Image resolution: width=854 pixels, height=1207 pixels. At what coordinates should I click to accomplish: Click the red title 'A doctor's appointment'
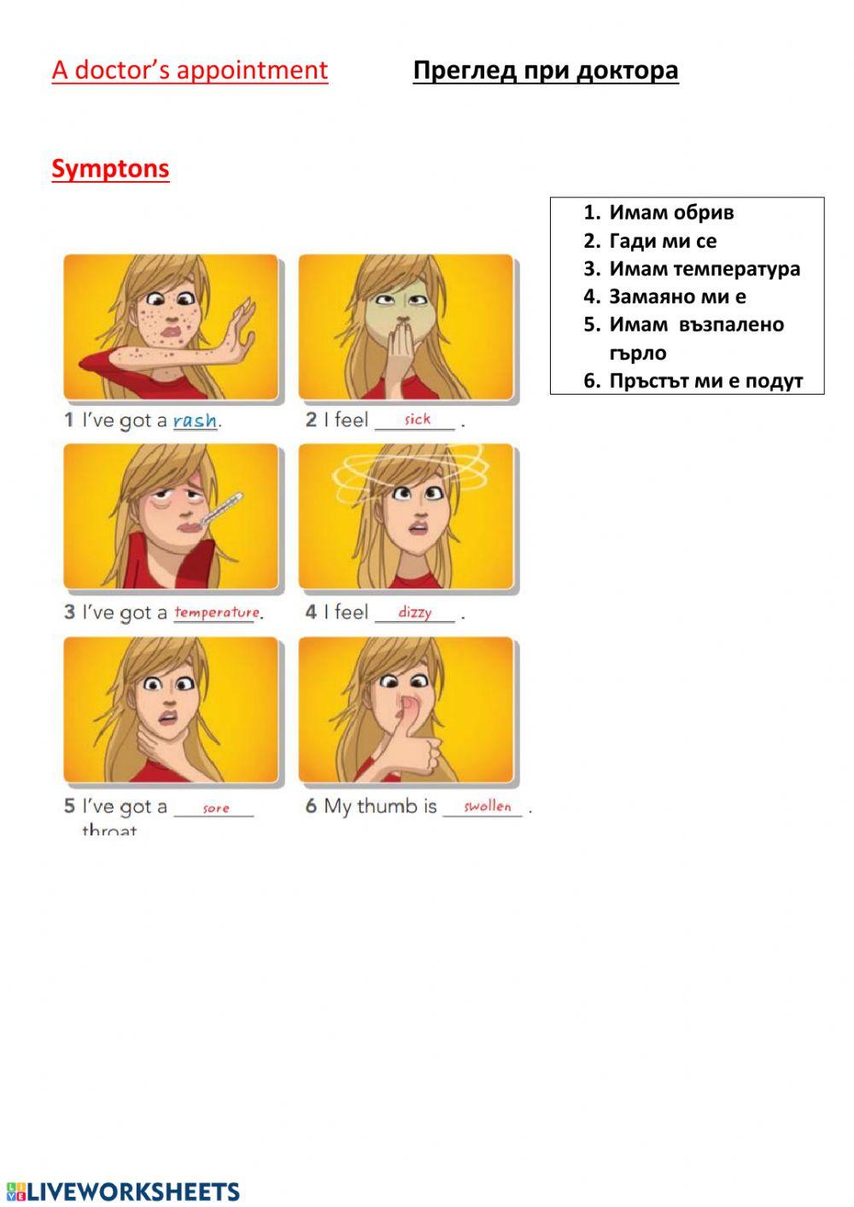[190, 71]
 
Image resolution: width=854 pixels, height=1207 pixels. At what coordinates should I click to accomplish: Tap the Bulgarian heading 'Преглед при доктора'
[545, 71]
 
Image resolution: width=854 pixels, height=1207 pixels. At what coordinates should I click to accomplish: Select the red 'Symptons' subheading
[110, 169]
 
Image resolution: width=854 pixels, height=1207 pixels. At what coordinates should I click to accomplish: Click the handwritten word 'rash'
[195, 420]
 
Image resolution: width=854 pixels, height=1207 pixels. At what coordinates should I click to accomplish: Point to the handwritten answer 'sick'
[418, 419]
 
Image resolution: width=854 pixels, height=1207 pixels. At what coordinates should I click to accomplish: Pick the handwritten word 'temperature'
[217, 612]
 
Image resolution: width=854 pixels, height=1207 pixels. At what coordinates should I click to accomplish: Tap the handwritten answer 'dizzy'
[415, 612]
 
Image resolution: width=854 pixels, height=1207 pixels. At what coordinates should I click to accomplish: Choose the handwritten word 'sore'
[215, 808]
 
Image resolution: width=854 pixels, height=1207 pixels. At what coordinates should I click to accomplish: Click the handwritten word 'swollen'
[488, 806]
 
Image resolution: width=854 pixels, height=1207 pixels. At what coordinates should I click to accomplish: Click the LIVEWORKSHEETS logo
[123, 1192]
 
